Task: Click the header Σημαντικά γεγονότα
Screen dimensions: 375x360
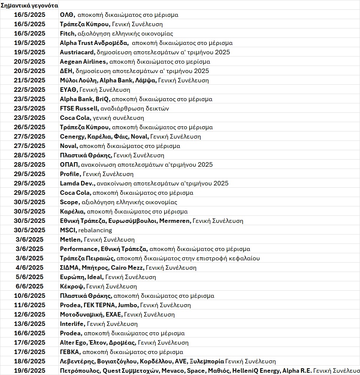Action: click(29, 6)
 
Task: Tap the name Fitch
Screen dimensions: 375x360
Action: click(67, 34)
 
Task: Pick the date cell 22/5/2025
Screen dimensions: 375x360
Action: click(29, 90)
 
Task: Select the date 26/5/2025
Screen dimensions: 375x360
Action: click(29, 127)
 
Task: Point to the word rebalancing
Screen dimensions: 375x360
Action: click(95, 230)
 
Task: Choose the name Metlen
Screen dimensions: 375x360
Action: click(70, 240)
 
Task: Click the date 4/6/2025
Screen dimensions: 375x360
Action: click(29, 268)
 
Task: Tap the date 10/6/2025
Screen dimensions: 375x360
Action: click(29, 296)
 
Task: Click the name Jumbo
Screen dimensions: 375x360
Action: click(128, 305)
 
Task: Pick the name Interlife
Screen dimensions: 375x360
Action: click(72, 324)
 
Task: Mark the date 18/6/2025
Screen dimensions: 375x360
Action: click(29, 362)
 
